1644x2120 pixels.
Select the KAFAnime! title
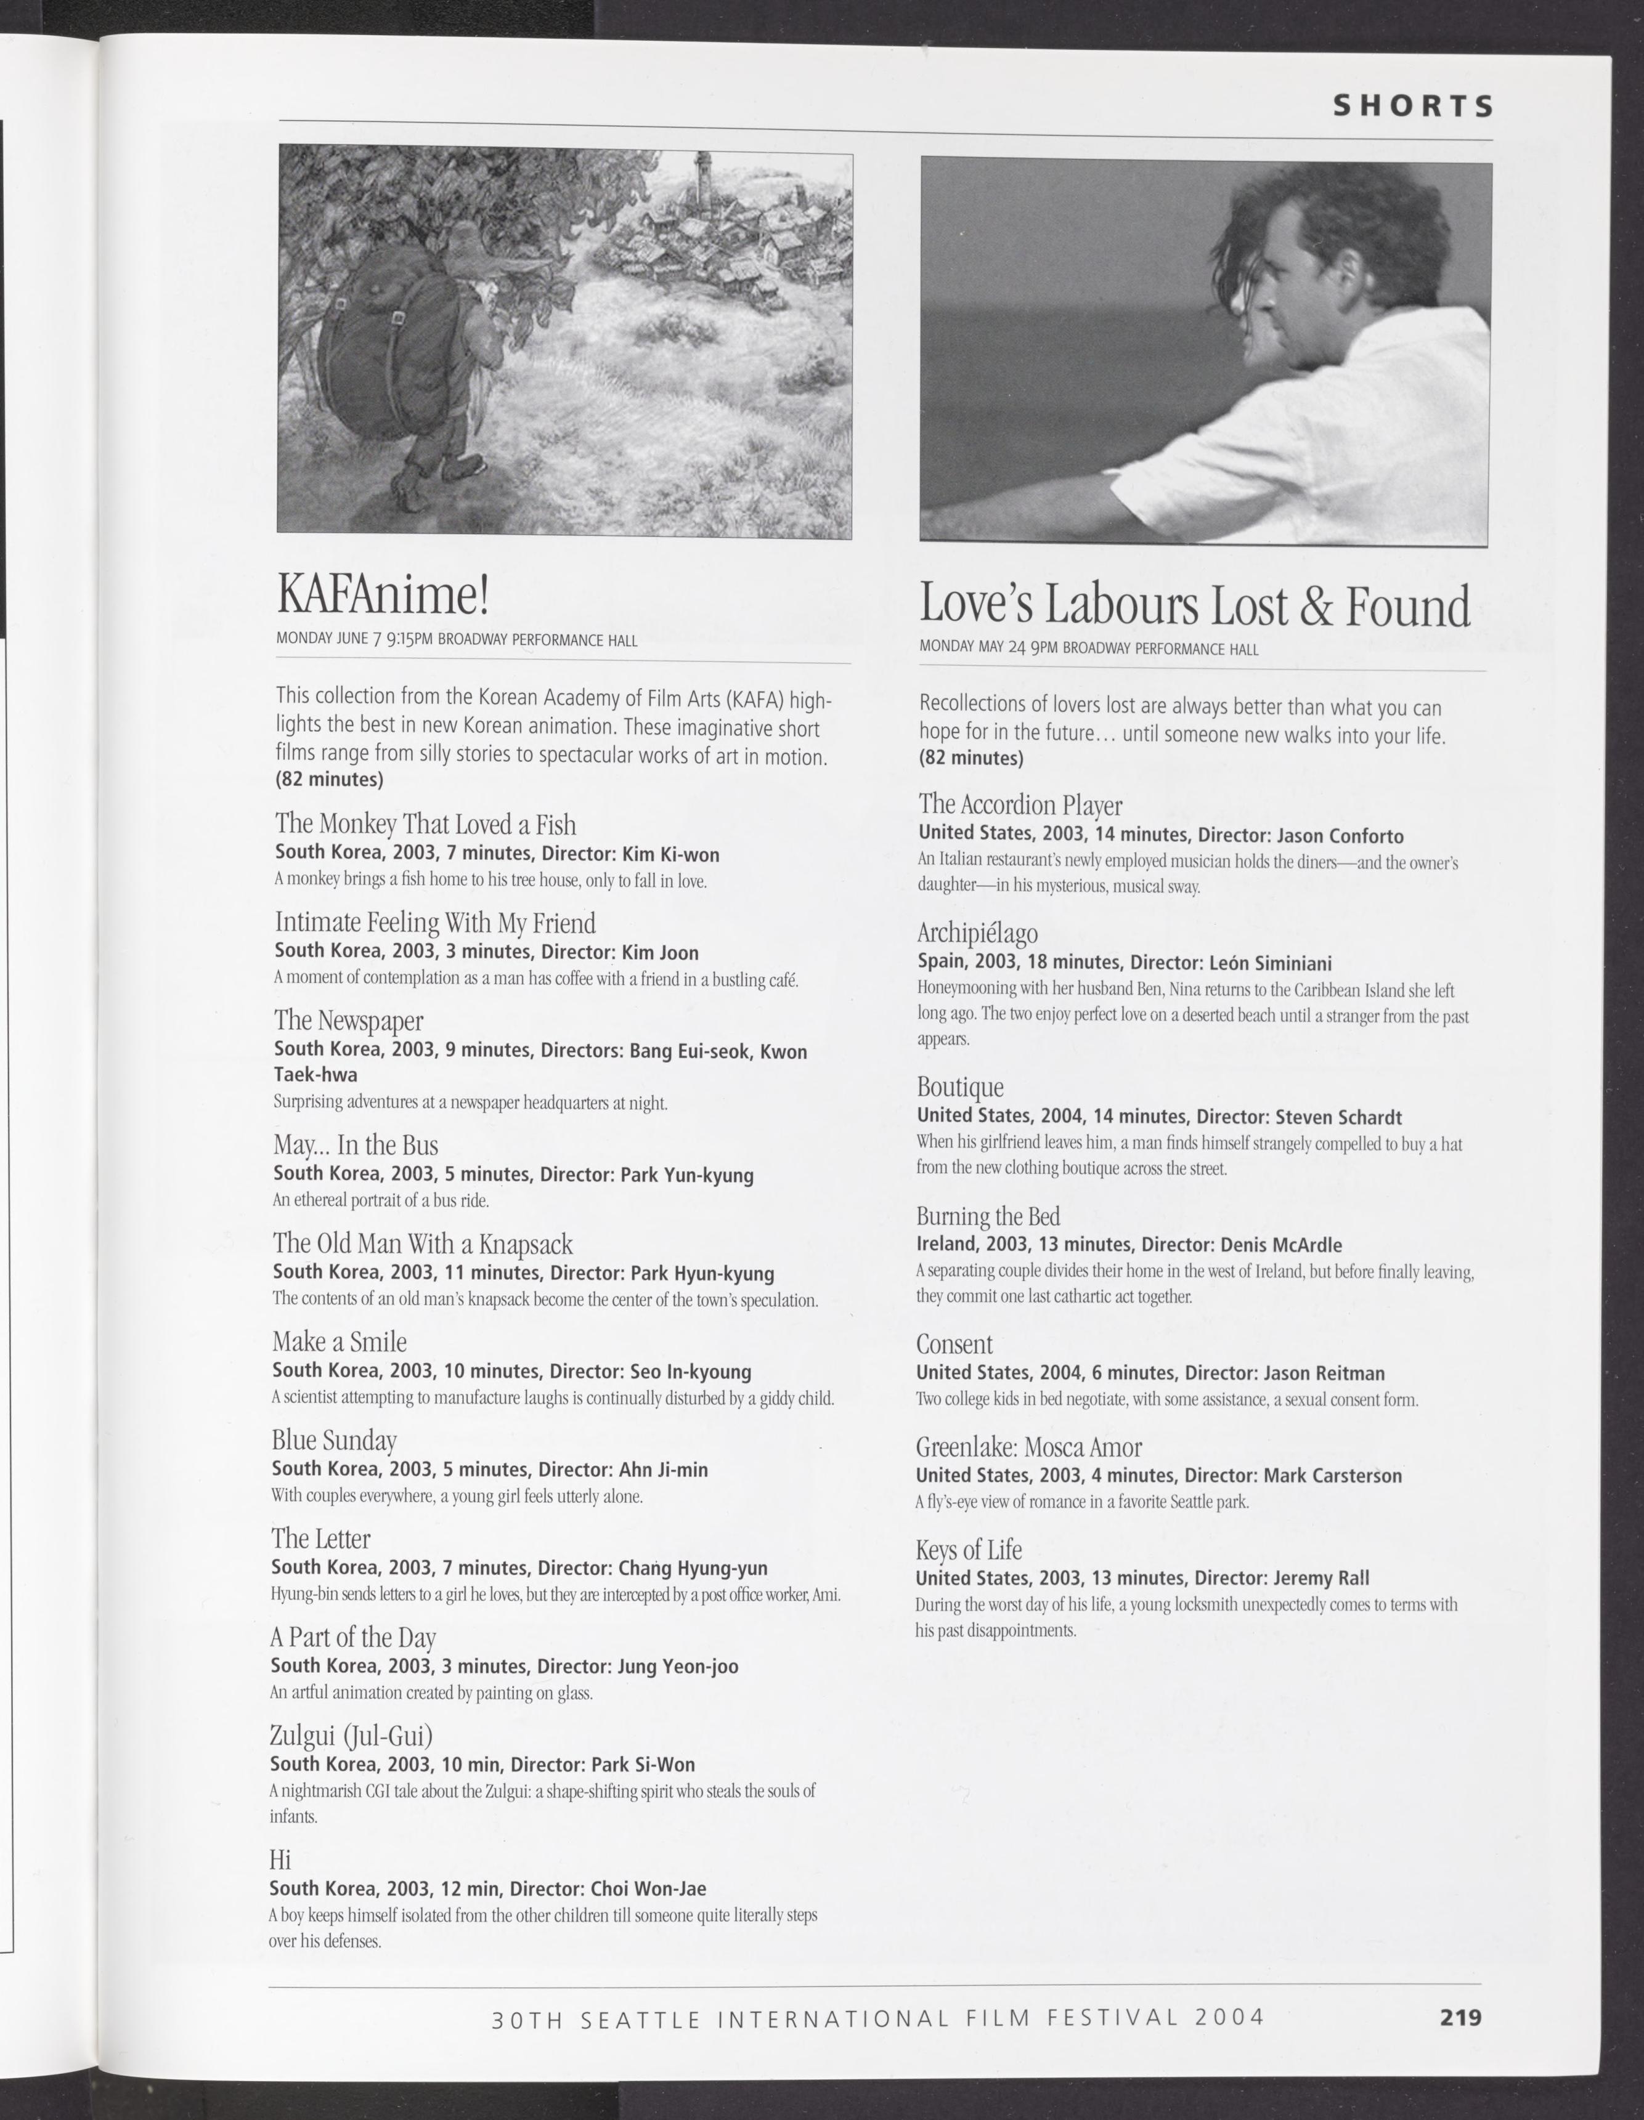pos(383,594)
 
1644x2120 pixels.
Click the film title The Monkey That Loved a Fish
pos(425,824)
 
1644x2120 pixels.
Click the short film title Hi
pos(280,1860)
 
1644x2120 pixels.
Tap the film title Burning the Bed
pos(988,1216)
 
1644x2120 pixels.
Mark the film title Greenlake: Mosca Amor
pos(1028,1447)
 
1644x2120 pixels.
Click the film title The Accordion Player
pos(1020,805)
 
